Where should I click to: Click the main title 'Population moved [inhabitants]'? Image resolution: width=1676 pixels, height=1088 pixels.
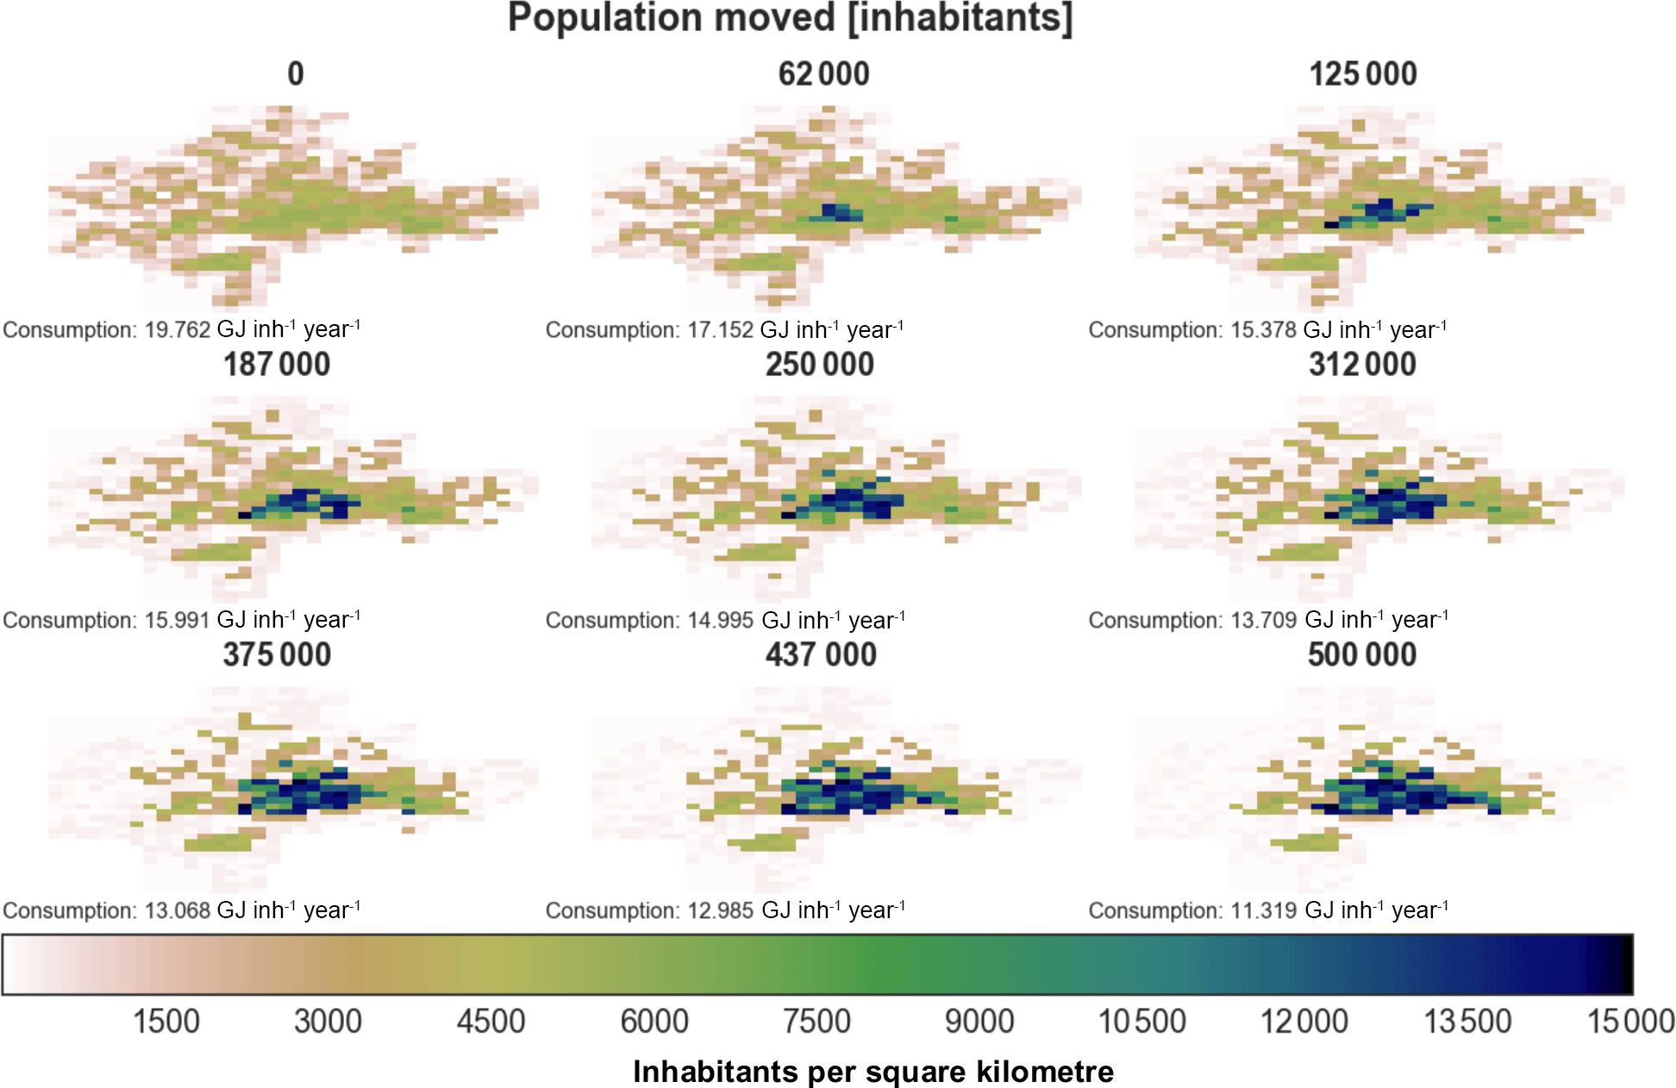[x=790, y=19]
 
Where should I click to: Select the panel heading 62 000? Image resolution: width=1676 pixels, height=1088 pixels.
[x=823, y=74]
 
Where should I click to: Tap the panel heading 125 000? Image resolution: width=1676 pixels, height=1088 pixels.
[x=1363, y=74]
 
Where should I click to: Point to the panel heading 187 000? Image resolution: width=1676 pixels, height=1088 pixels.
[x=277, y=365]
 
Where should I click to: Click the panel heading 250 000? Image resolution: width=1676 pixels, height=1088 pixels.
[x=820, y=365]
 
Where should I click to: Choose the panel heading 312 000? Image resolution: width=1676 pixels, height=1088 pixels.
[x=1362, y=365]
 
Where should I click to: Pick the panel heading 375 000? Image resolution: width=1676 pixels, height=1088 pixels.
[x=277, y=655]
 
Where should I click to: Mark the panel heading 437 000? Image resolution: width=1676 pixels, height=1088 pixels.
[x=821, y=655]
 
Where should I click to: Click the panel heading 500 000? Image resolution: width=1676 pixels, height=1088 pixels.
[x=1362, y=655]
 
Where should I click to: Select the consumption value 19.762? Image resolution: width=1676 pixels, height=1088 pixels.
[x=177, y=330]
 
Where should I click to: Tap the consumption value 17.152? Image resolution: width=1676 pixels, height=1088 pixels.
[x=720, y=330]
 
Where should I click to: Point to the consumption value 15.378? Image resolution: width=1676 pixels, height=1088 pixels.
[x=1263, y=330]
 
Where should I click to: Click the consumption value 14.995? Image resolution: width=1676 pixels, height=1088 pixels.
[x=720, y=621]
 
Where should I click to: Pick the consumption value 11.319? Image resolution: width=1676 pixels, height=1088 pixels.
[x=1263, y=911]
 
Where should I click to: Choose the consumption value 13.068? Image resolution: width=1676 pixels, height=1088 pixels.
[x=177, y=911]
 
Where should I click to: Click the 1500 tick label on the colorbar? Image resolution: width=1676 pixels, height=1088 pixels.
[x=166, y=1022]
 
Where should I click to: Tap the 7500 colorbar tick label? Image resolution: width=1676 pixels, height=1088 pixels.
[x=816, y=1022]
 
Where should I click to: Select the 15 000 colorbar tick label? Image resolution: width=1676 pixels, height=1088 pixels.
[x=1630, y=1022]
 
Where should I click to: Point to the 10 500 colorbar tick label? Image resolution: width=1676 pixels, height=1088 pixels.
[x=1141, y=1022]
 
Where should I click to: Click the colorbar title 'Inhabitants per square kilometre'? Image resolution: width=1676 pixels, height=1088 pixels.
[x=873, y=1072]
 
